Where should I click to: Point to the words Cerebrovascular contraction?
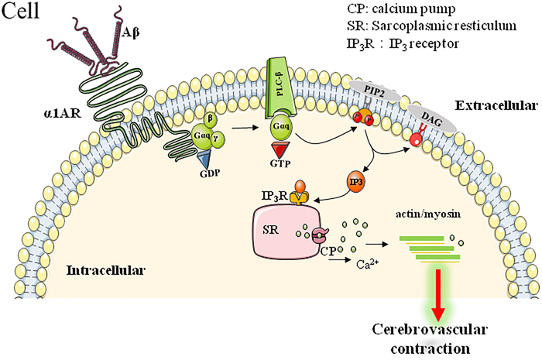click(438, 338)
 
